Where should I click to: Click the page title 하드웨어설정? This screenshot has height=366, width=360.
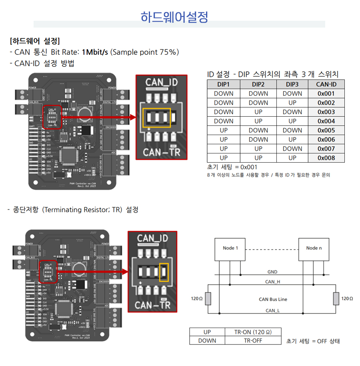click(x=174, y=17)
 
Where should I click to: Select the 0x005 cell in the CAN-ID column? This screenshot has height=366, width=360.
click(x=326, y=130)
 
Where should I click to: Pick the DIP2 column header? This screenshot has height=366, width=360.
click(x=258, y=84)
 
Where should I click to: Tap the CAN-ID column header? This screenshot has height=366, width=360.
click(x=326, y=84)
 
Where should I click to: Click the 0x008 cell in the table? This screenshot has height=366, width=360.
click(x=326, y=158)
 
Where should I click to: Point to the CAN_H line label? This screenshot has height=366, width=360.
click(x=272, y=282)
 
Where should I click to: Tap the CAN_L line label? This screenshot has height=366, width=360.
click(x=272, y=310)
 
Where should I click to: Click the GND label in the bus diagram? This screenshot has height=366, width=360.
click(x=272, y=272)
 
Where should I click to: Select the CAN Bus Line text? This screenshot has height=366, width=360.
click(x=273, y=299)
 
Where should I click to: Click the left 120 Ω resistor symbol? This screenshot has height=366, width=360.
click(x=208, y=298)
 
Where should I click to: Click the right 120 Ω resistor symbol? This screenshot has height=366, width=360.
click(x=336, y=298)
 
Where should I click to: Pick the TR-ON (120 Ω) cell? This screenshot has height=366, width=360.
click(x=253, y=332)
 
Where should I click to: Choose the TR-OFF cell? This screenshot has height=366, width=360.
click(x=253, y=340)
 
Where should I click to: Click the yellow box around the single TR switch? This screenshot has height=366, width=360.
click(x=164, y=272)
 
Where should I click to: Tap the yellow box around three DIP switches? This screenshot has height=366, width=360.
click(x=156, y=117)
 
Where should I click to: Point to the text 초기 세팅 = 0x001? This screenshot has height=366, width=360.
click(x=232, y=167)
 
